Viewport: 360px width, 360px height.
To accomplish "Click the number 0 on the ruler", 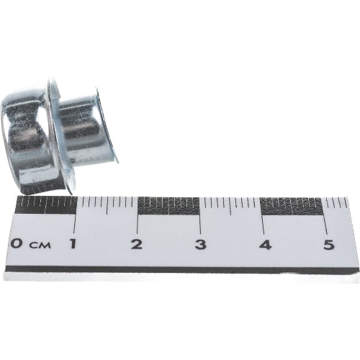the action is click(x=18, y=243).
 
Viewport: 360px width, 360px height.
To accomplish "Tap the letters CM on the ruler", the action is click(x=40, y=245).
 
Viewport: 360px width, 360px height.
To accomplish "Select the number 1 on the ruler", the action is click(x=73, y=243).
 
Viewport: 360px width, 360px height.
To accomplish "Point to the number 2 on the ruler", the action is click(x=136, y=244).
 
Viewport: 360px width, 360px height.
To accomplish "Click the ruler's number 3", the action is click(x=200, y=245).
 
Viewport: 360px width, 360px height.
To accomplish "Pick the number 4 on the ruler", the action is click(x=265, y=245).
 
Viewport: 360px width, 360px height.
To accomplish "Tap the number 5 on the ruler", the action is click(x=328, y=245).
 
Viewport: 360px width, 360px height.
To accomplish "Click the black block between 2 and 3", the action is click(x=168, y=206).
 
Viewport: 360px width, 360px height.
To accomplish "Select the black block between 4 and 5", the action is click(x=292, y=207).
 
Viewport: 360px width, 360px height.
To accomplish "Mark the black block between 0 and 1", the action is click(x=46, y=205).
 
